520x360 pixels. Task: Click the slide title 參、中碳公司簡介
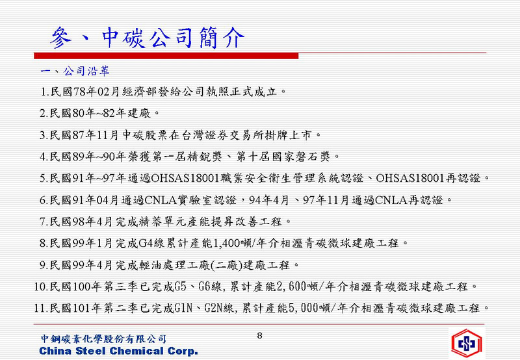click(x=148, y=37)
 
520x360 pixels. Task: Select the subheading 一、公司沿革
click(x=75, y=71)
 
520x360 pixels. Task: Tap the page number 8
click(x=259, y=336)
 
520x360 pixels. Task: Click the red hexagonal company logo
click(x=466, y=343)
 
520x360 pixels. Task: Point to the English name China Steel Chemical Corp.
click(x=118, y=351)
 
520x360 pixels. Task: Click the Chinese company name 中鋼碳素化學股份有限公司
click(x=103, y=339)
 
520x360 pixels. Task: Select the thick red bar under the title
click(x=166, y=56)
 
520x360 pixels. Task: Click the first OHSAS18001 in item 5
click(x=185, y=178)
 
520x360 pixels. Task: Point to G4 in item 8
click(x=145, y=244)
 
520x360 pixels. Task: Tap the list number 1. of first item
click(x=44, y=92)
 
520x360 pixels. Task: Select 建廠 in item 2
click(x=139, y=113)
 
